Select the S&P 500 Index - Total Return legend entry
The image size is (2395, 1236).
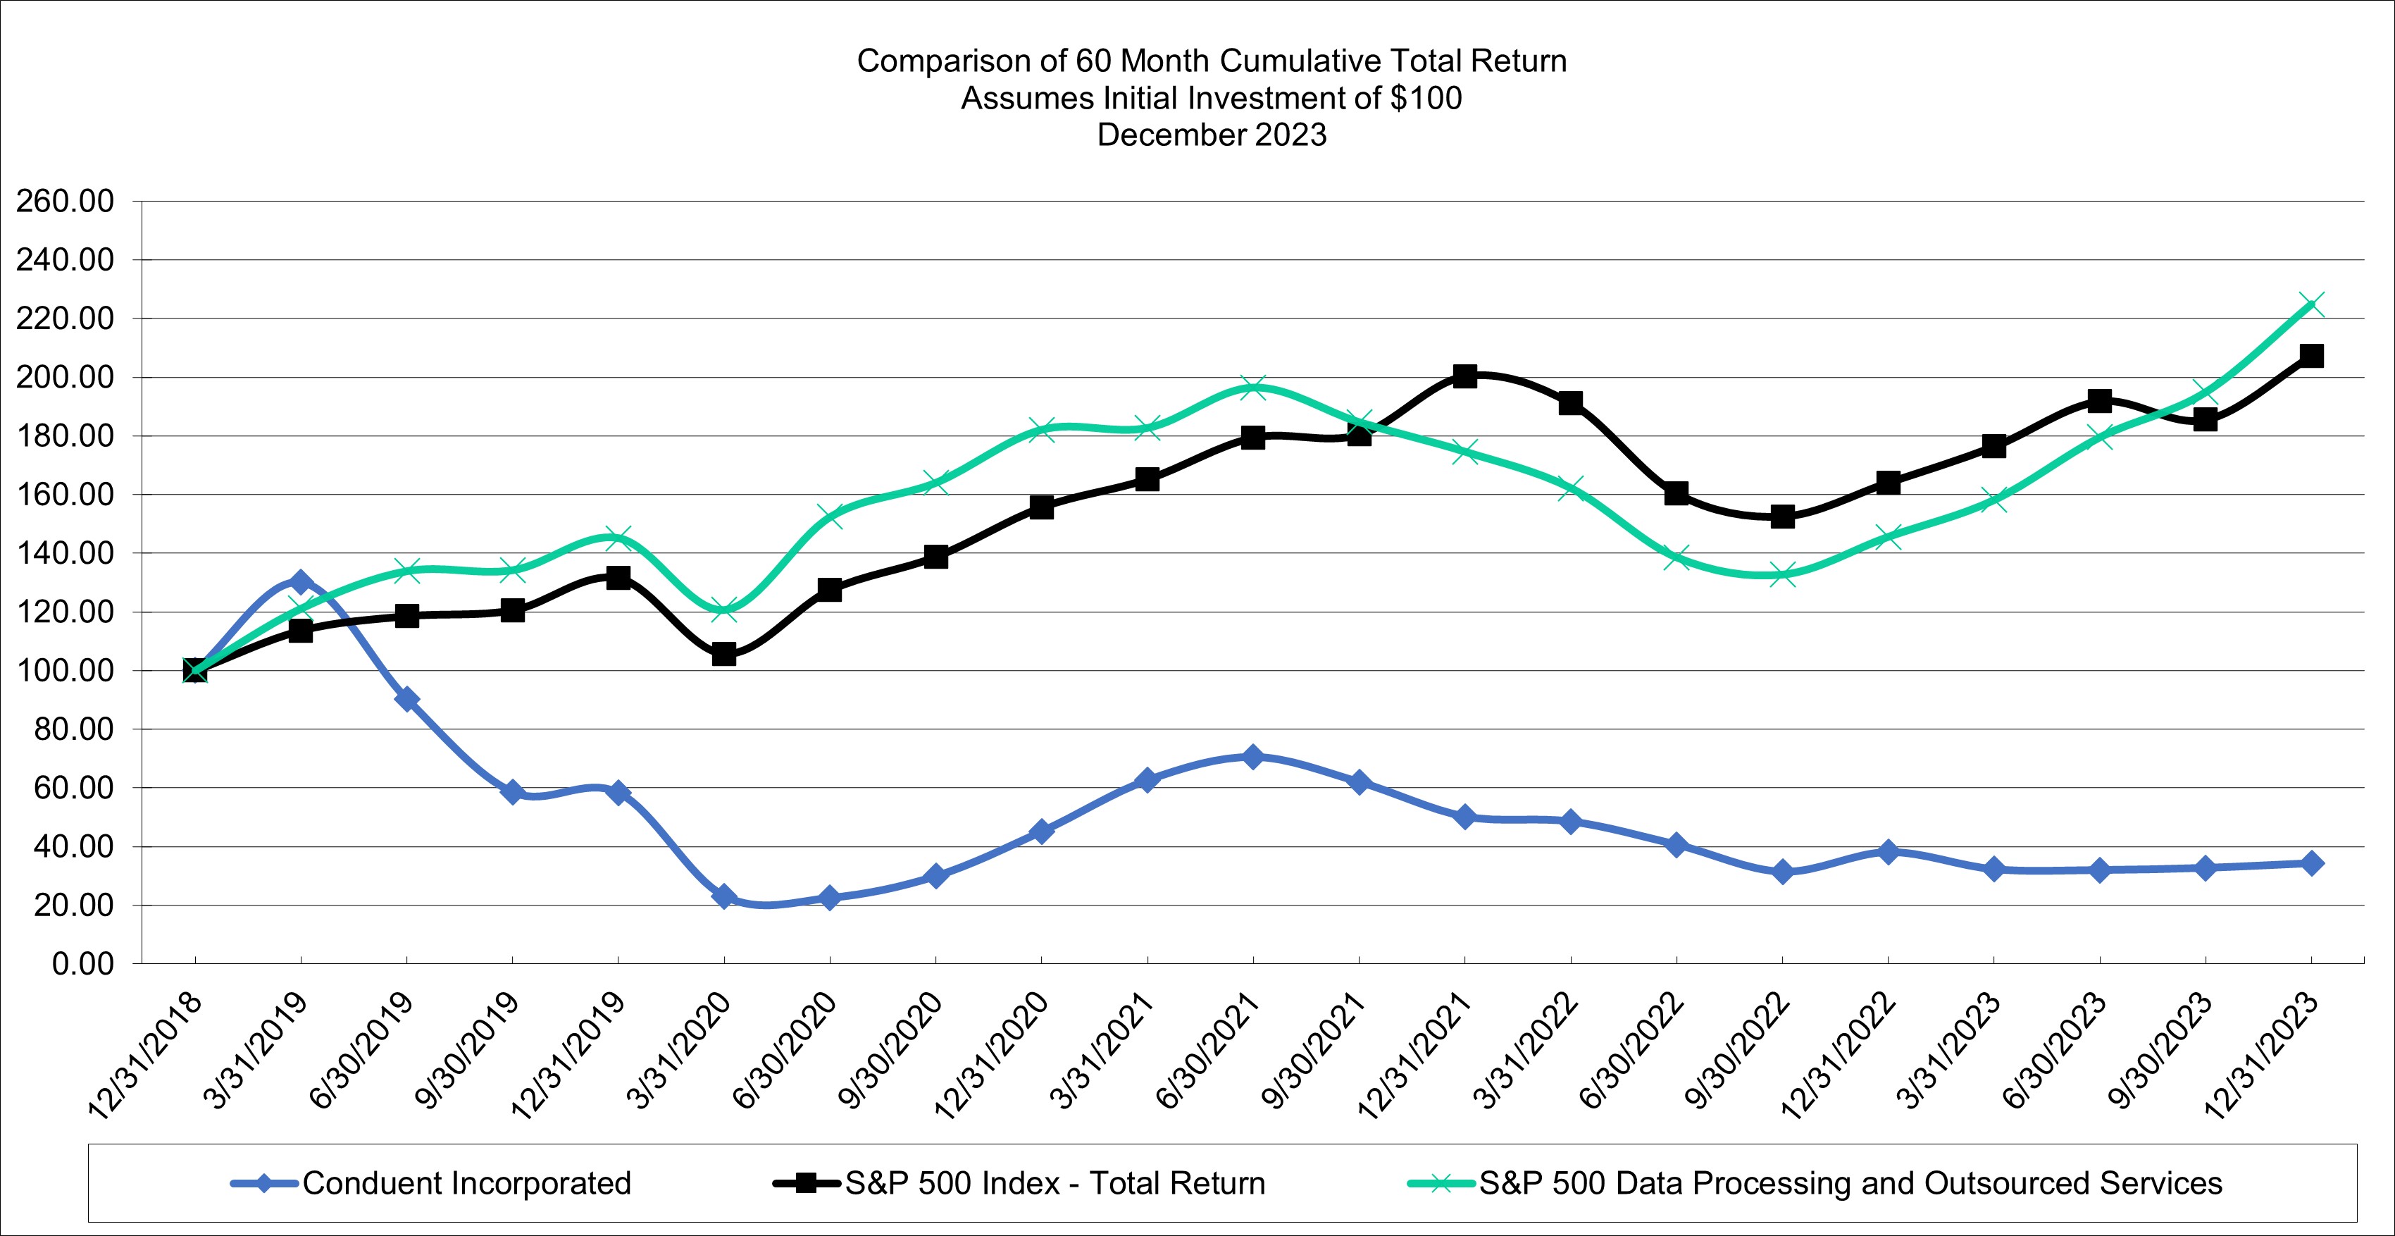[x=1055, y=1183]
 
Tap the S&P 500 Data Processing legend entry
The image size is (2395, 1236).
[x=1850, y=1183]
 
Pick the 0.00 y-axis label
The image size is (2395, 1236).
[x=82, y=963]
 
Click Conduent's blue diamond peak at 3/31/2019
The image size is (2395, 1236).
[x=300, y=582]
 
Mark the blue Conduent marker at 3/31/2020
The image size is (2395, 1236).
[x=724, y=896]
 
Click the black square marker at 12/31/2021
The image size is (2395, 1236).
[x=1464, y=376]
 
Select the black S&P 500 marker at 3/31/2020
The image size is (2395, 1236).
[x=724, y=655]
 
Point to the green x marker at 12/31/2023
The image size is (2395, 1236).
[x=2311, y=304]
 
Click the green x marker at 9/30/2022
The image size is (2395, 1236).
[x=1782, y=575]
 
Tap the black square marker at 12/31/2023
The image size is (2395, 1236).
[x=2311, y=356]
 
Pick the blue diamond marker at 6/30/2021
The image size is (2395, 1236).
[x=1253, y=756]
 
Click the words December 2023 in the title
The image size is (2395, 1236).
[x=1212, y=135]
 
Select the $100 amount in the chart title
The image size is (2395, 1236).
[x=1426, y=98]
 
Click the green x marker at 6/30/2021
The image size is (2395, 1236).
[x=1253, y=388]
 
